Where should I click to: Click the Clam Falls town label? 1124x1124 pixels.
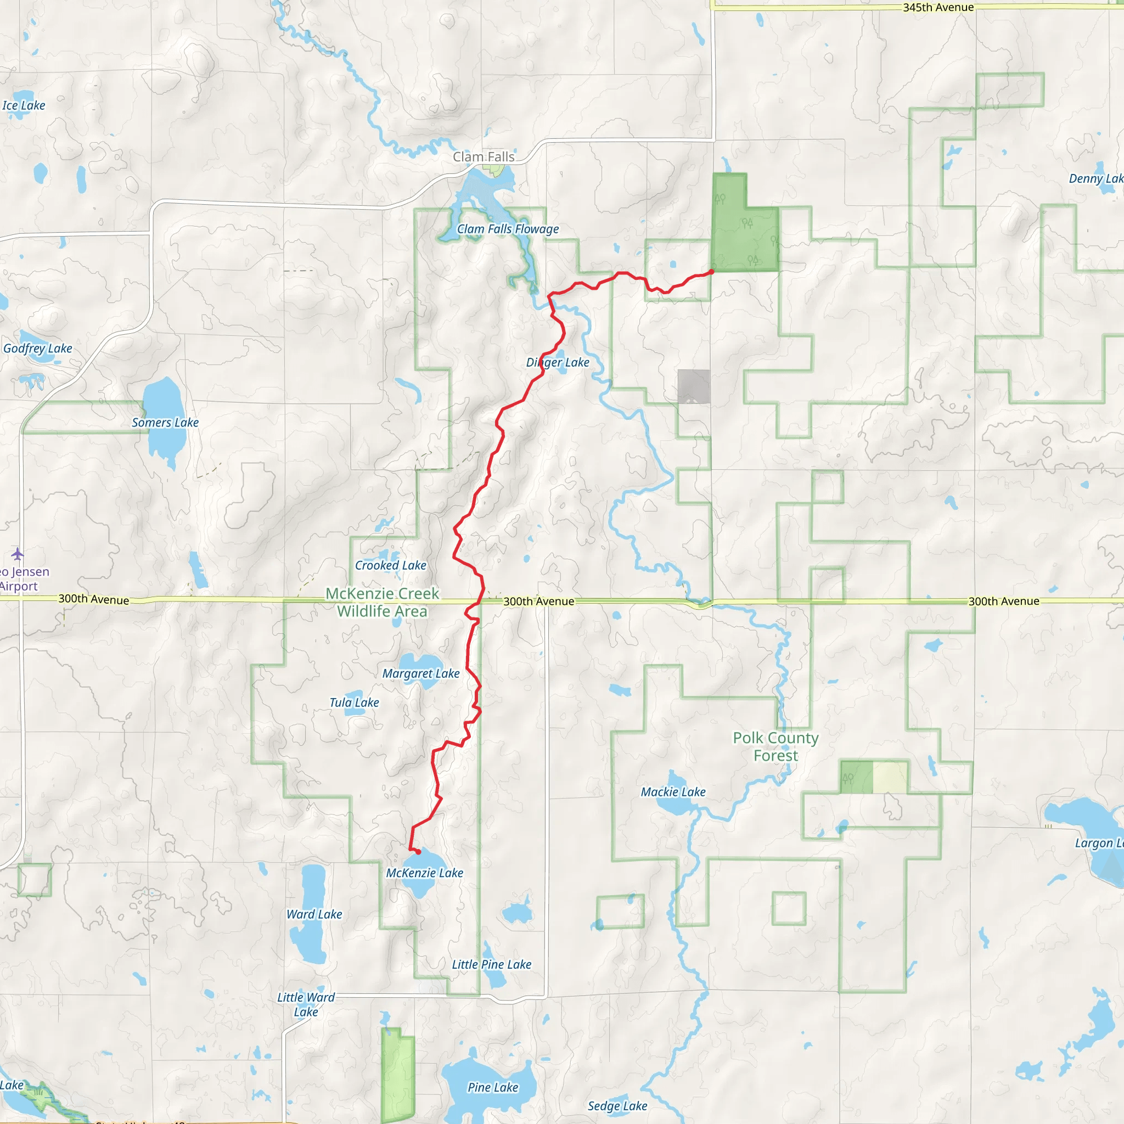pyautogui.click(x=484, y=157)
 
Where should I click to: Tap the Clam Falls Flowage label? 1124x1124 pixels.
pyautogui.click(x=507, y=229)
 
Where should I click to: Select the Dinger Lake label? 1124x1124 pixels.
pyautogui.click(x=558, y=362)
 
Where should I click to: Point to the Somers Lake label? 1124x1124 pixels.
pyautogui.click(x=165, y=423)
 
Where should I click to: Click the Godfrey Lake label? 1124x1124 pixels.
pyautogui.click(x=38, y=349)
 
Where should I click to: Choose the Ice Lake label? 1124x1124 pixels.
pyautogui.click(x=23, y=106)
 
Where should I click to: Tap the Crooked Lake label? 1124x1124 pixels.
pyautogui.click(x=390, y=565)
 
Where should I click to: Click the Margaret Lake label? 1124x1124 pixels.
pyautogui.click(x=420, y=674)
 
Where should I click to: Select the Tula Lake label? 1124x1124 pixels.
pyautogui.click(x=354, y=703)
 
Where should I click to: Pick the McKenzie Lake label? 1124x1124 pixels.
pyautogui.click(x=425, y=873)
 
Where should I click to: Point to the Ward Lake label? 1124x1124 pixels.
pyautogui.click(x=314, y=914)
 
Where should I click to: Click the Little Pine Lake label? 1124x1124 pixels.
pyautogui.click(x=492, y=965)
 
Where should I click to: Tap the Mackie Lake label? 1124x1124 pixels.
pyautogui.click(x=673, y=793)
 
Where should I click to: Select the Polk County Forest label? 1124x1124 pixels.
pyautogui.click(x=775, y=747)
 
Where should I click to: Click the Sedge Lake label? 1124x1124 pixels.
pyautogui.click(x=617, y=1106)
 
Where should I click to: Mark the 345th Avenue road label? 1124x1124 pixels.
pyautogui.click(x=938, y=8)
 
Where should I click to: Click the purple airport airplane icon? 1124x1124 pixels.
pyautogui.click(x=18, y=553)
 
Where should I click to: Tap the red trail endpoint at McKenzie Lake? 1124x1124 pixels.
pyautogui.click(x=418, y=852)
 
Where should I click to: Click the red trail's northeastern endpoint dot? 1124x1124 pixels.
pyautogui.click(x=711, y=272)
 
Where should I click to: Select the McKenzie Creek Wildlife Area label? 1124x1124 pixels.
pyautogui.click(x=382, y=602)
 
